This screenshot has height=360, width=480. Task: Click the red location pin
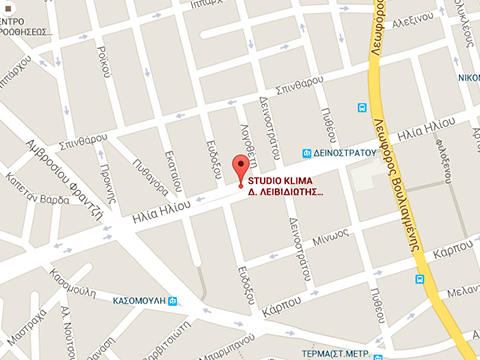(239, 168)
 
